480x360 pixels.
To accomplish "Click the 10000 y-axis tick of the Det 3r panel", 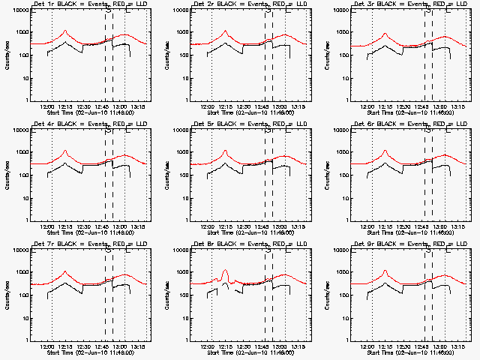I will tap(340, 11).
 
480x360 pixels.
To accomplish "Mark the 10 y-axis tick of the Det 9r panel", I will tap(345, 317).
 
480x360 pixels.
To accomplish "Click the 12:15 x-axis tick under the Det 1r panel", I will tap(65, 106).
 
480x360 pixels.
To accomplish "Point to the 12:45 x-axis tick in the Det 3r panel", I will tap(422, 106).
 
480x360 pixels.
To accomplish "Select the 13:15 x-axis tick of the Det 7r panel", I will tap(138, 346).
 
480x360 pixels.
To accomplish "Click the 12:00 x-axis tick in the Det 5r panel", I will tap(211, 226).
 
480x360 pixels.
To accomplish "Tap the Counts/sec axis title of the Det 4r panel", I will tap(7, 175).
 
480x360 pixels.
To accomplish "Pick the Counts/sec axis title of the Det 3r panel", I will tap(328, 55).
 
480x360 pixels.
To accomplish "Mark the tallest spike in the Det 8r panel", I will tap(225, 271).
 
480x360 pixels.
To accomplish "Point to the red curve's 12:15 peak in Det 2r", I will tap(225, 31).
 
